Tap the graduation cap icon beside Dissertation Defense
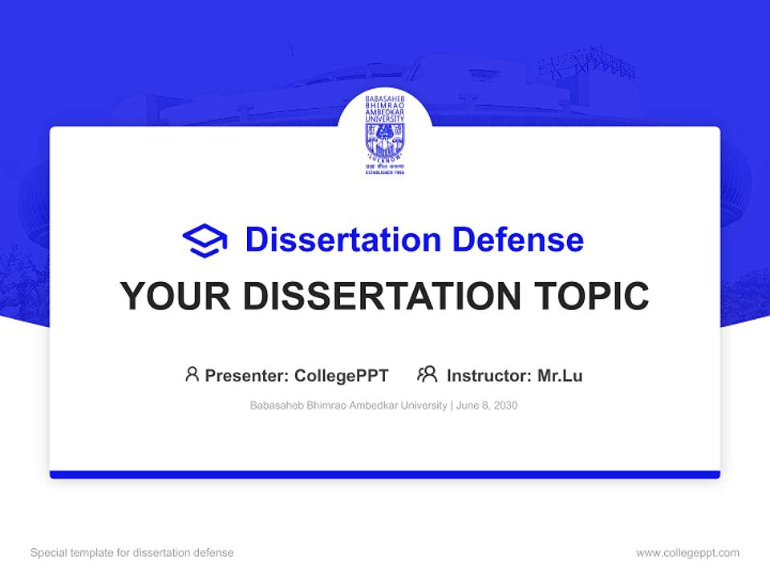[205, 240]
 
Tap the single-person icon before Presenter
[192, 374]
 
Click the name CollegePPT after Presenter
[342, 375]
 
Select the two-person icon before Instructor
[427, 374]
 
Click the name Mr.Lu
[560, 375]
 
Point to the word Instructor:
[489, 375]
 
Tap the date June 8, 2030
[487, 406]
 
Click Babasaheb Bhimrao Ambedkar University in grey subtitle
[349, 406]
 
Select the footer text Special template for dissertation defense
[132, 553]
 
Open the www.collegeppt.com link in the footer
[687, 553]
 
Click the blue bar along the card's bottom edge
[385, 474]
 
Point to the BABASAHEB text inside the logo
[385, 99]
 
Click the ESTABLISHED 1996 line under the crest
[385, 172]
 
